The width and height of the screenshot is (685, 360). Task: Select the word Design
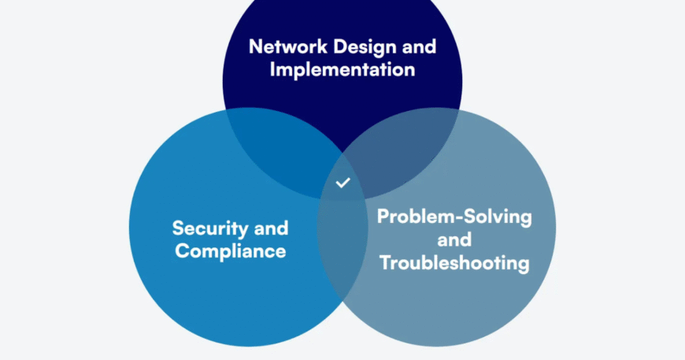359,46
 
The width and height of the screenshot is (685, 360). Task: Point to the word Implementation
342,69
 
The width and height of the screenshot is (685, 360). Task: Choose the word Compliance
230,252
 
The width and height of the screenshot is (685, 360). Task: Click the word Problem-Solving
454,216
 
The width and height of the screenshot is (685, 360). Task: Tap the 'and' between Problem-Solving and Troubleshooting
454,239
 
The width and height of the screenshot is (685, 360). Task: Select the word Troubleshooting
454,263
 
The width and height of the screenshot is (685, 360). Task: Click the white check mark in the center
342,183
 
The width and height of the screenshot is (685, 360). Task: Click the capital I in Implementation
273,69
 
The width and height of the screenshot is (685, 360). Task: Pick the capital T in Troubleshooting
385,263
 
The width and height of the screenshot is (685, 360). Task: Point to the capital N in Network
256,46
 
